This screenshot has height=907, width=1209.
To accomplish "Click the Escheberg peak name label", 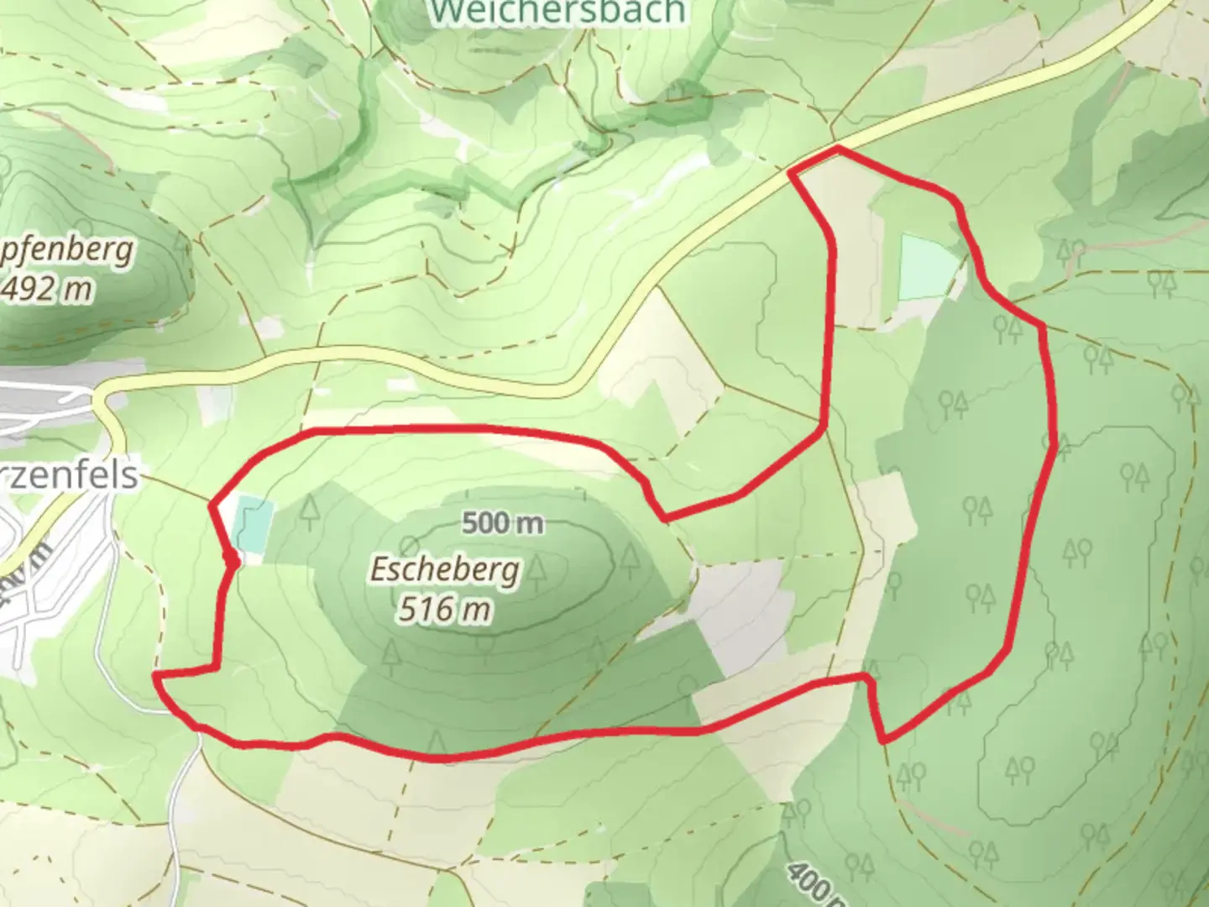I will click(x=446, y=571).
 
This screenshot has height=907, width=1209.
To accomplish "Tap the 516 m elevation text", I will click(x=444, y=609).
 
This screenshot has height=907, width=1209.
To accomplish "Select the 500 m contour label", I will click(x=503, y=523).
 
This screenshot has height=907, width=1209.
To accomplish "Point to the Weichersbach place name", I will click(x=557, y=12).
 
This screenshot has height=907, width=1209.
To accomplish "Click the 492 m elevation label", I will click(x=46, y=289).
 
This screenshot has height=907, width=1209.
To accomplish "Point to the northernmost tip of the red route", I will click(x=838, y=149).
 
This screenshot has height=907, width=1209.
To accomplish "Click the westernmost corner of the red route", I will click(x=155, y=675).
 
